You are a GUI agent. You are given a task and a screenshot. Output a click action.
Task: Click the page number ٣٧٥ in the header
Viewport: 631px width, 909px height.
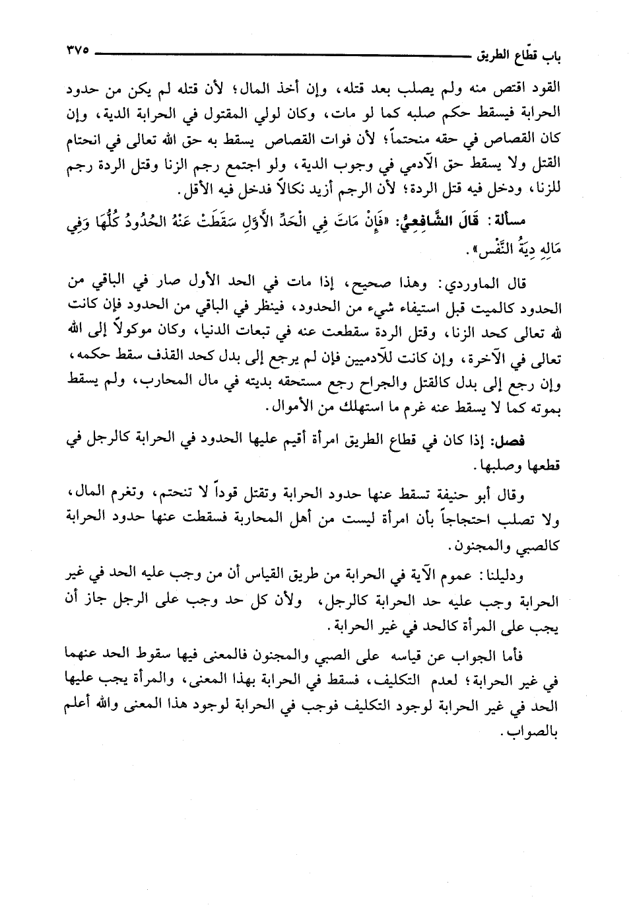tap(78, 51)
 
